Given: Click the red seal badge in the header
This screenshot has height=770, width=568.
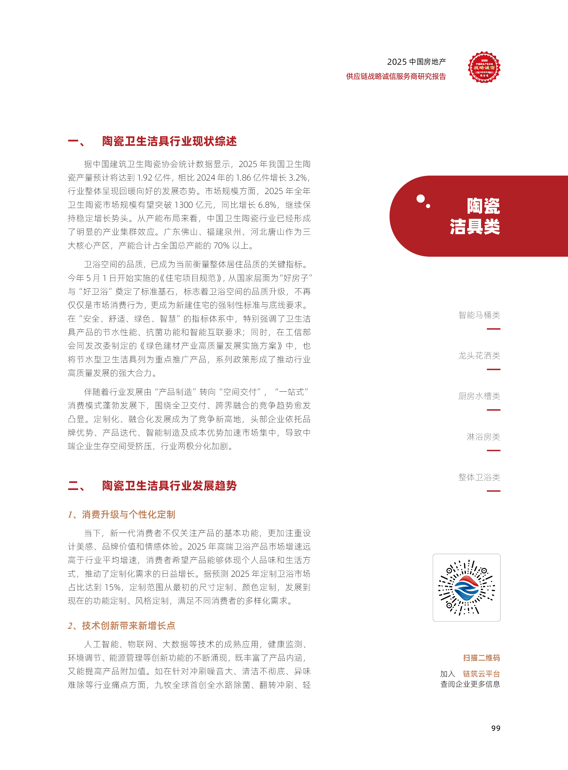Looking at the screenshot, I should point(484,67).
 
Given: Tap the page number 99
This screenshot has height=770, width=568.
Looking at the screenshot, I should point(495,728).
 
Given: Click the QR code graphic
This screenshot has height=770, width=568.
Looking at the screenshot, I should point(466,587).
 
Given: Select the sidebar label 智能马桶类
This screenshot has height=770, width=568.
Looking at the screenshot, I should point(479,315).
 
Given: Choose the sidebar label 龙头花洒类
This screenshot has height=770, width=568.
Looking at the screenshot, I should point(479,355).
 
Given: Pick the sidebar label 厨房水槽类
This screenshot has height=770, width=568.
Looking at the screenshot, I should point(479,396).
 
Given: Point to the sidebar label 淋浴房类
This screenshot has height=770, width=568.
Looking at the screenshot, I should point(483,436).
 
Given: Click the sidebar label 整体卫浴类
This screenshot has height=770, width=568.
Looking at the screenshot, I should point(479,477).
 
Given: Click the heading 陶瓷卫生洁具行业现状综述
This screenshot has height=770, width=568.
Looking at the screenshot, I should point(169,141).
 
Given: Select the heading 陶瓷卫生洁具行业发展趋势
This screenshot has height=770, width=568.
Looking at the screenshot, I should point(169,486).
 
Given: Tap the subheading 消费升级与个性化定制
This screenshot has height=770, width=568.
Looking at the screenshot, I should point(128,514).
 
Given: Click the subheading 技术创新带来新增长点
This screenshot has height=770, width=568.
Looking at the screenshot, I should point(128,625).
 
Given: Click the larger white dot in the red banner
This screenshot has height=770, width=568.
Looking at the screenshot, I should point(420,199).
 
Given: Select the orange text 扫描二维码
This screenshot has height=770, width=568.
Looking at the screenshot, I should point(481,658).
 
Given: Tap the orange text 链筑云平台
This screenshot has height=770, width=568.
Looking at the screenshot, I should point(481,673).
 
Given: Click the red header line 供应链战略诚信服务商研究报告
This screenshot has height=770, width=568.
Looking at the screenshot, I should point(396,76).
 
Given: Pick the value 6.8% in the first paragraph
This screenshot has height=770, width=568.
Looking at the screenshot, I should point(267,205).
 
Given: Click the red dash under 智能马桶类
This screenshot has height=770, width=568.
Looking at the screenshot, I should point(493,329).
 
